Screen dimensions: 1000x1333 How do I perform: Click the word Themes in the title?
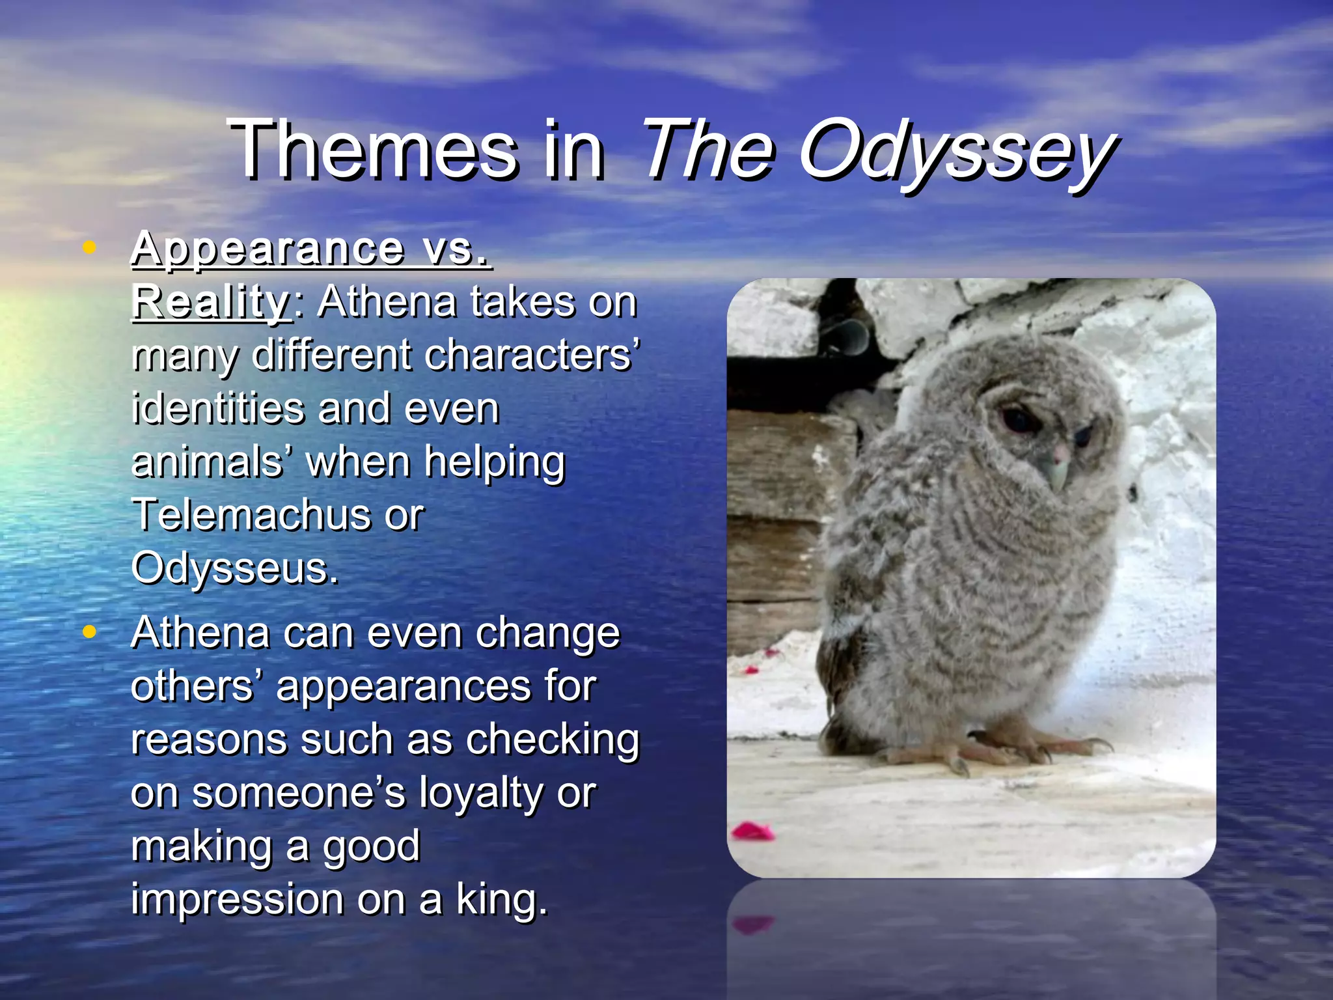pyautogui.click(x=374, y=151)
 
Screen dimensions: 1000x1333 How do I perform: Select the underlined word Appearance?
pyautogui.click(x=268, y=249)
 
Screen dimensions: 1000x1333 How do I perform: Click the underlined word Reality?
pyautogui.click(x=211, y=302)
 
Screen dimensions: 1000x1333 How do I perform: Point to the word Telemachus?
pyautogui.click(x=247, y=515)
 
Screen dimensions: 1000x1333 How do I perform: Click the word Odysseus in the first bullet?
pyautogui.click(x=234, y=568)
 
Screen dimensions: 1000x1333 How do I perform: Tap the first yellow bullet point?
pyautogui.click(x=90, y=247)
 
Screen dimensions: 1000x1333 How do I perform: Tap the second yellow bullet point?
pyautogui.click(x=90, y=632)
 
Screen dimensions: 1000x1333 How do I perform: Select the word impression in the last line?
pyautogui.click(x=237, y=900)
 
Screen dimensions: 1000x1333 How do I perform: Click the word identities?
pyautogui.click(x=218, y=409)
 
